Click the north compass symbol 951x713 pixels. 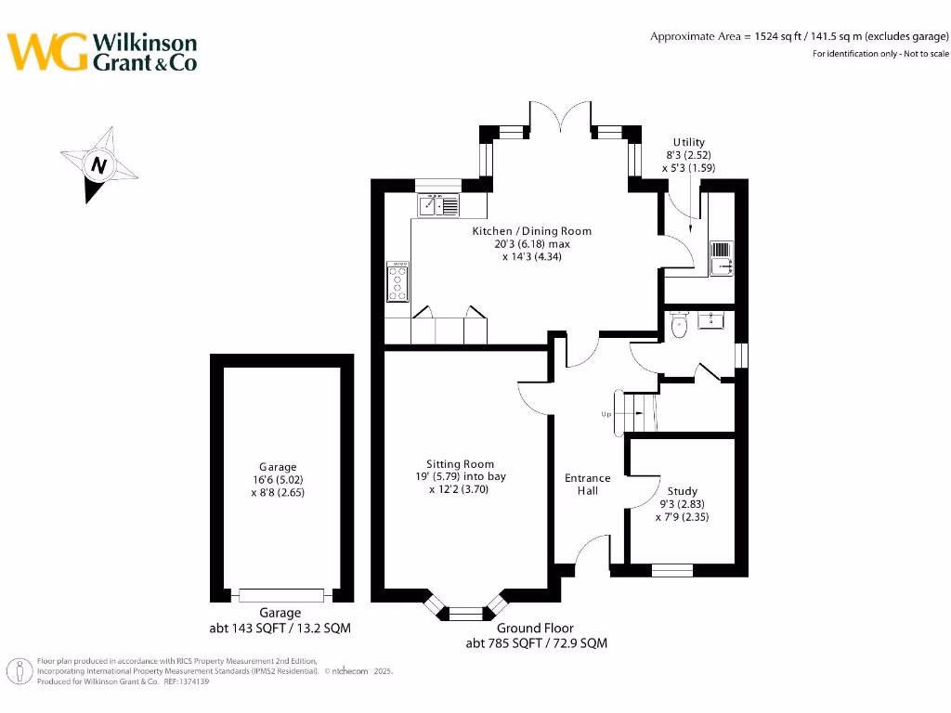tap(98, 164)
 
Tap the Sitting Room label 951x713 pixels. tap(460, 464)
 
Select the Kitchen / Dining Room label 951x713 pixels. tap(531, 231)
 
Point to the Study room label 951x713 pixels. tap(682, 491)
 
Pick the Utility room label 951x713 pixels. tap(689, 142)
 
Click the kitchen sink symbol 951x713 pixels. tap(439, 205)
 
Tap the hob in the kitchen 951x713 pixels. tap(398, 280)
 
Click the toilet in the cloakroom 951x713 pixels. tap(679, 324)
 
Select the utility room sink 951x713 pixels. tap(723, 257)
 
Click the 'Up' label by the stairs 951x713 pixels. tap(606, 414)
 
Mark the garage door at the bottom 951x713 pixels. tap(280, 595)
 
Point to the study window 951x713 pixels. tap(671, 570)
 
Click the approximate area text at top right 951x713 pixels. tap(799, 36)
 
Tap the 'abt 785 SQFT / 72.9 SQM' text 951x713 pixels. tap(536, 642)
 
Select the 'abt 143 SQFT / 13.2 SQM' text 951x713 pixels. tap(280, 628)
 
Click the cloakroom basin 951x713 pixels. tap(714, 320)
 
